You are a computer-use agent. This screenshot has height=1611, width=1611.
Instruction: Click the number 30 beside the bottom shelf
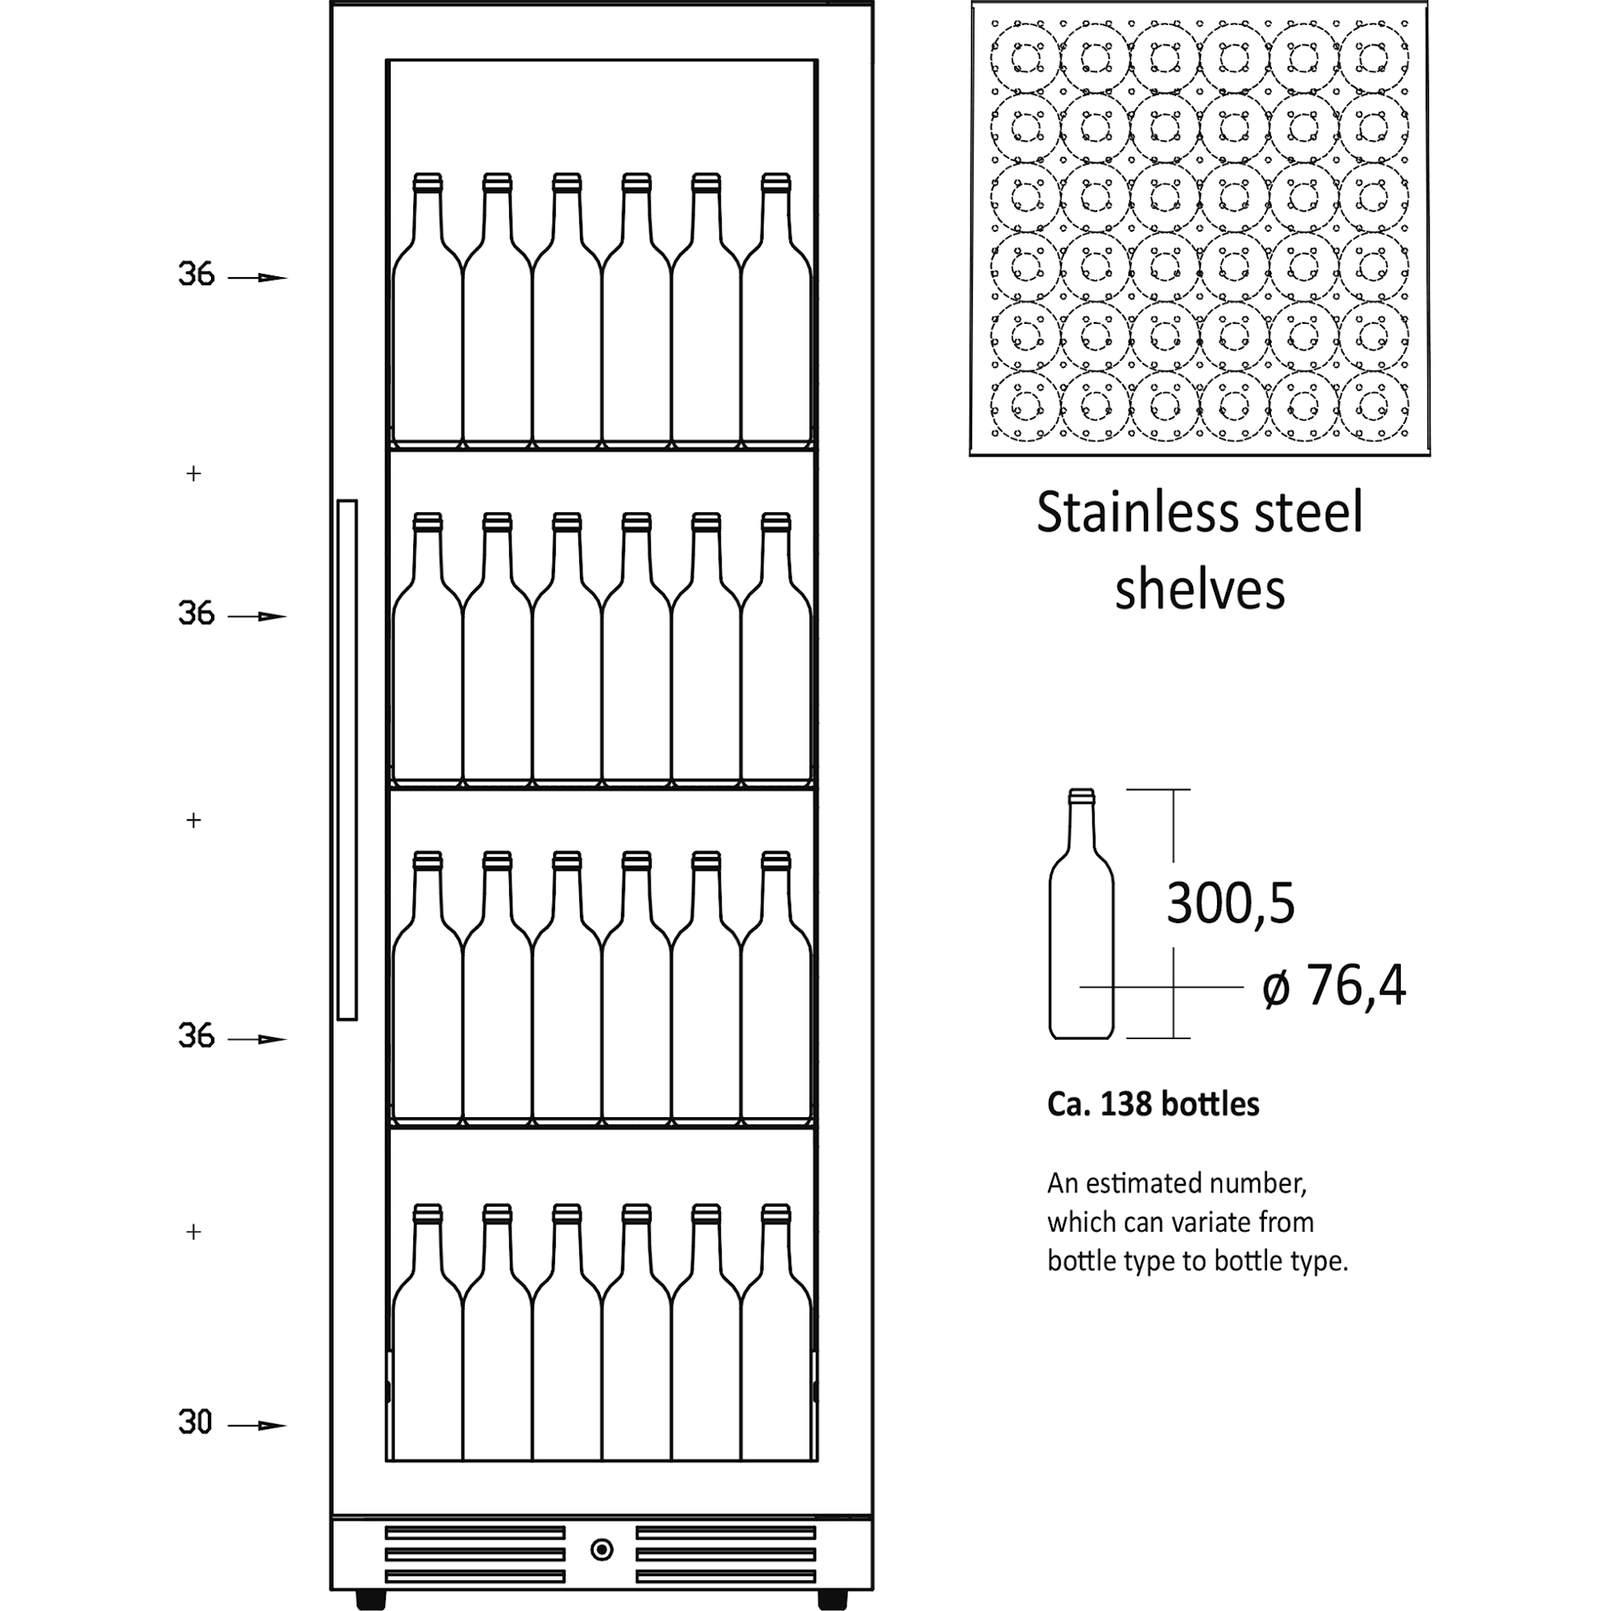[195, 1422]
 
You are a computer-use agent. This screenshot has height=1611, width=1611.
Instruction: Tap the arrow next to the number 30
[259, 1426]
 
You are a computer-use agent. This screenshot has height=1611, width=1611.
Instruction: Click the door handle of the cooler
[347, 760]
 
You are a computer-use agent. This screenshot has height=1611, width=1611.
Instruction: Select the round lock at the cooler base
[601, 1550]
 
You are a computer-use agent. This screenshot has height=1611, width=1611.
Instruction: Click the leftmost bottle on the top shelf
[427, 317]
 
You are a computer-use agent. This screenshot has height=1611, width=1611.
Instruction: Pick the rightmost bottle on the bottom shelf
[776, 1343]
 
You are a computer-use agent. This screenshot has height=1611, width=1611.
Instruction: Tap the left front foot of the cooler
[371, 1598]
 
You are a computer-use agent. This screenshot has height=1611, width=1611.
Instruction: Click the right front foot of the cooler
[832, 1598]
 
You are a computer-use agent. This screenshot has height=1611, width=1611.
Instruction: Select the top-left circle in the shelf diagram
[1025, 57]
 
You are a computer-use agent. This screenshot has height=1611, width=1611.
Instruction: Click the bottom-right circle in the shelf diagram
[1374, 406]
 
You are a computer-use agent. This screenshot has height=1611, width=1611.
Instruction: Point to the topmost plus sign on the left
[193, 474]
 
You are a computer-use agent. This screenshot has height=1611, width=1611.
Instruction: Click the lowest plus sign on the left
[193, 1232]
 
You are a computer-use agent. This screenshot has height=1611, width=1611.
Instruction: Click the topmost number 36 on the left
[196, 275]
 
